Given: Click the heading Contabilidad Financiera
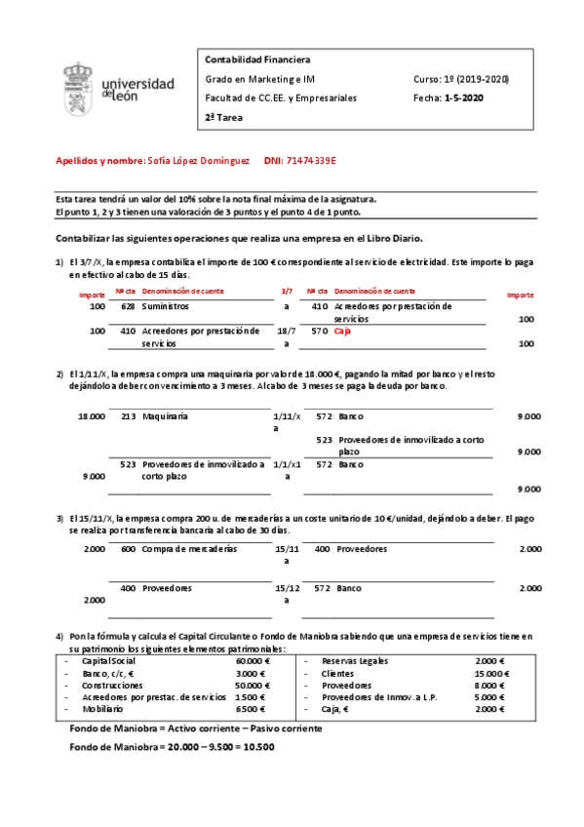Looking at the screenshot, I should [256, 59].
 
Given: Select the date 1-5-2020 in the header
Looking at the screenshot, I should [463, 98].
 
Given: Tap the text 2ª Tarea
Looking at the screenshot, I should [223, 117].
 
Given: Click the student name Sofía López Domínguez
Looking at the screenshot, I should [196, 160].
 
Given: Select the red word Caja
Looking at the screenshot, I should [343, 332].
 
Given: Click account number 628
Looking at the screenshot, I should [127, 306].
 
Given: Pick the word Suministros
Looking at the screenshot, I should [169, 306].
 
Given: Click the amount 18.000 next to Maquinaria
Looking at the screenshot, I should [92, 416].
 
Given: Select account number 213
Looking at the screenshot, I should [128, 416].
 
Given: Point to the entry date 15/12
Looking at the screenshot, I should [287, 588].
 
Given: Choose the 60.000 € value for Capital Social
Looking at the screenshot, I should [253, 660].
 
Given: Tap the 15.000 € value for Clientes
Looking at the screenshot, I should [490, 673].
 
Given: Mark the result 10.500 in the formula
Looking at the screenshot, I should [258, 747].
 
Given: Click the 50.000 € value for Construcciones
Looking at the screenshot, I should [253, 686].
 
